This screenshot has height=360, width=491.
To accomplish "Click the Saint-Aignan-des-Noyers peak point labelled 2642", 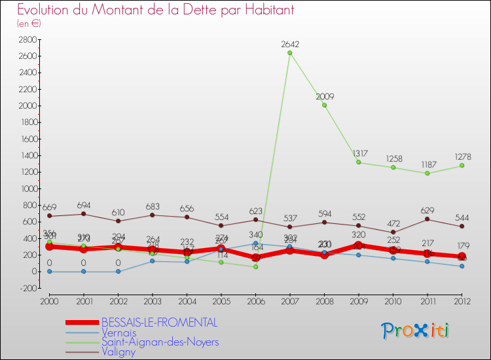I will [289, 53].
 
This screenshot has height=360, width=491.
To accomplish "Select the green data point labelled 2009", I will [324, 105].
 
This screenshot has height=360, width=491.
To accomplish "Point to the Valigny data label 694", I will [84, 206].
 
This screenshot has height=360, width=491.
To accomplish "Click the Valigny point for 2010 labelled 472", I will [393, 232].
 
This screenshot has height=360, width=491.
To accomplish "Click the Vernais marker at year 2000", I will [49, 271].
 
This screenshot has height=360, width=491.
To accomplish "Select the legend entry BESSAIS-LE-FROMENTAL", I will [159, 323].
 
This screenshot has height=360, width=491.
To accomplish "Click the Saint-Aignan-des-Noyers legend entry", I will [160, 342].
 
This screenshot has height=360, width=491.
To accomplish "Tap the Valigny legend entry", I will [119, 351].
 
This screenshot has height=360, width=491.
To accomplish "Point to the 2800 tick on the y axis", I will [27, 40].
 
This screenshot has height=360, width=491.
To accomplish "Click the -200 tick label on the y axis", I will [27, 288].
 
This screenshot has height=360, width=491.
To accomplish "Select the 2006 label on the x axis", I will [255, 301].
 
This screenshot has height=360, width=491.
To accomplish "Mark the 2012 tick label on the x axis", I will [462, 301].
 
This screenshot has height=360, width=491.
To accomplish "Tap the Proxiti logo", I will [415, 331].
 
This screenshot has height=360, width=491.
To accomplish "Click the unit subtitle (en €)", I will [29, 24].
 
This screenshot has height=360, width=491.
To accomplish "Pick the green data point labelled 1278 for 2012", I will [462, 166].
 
